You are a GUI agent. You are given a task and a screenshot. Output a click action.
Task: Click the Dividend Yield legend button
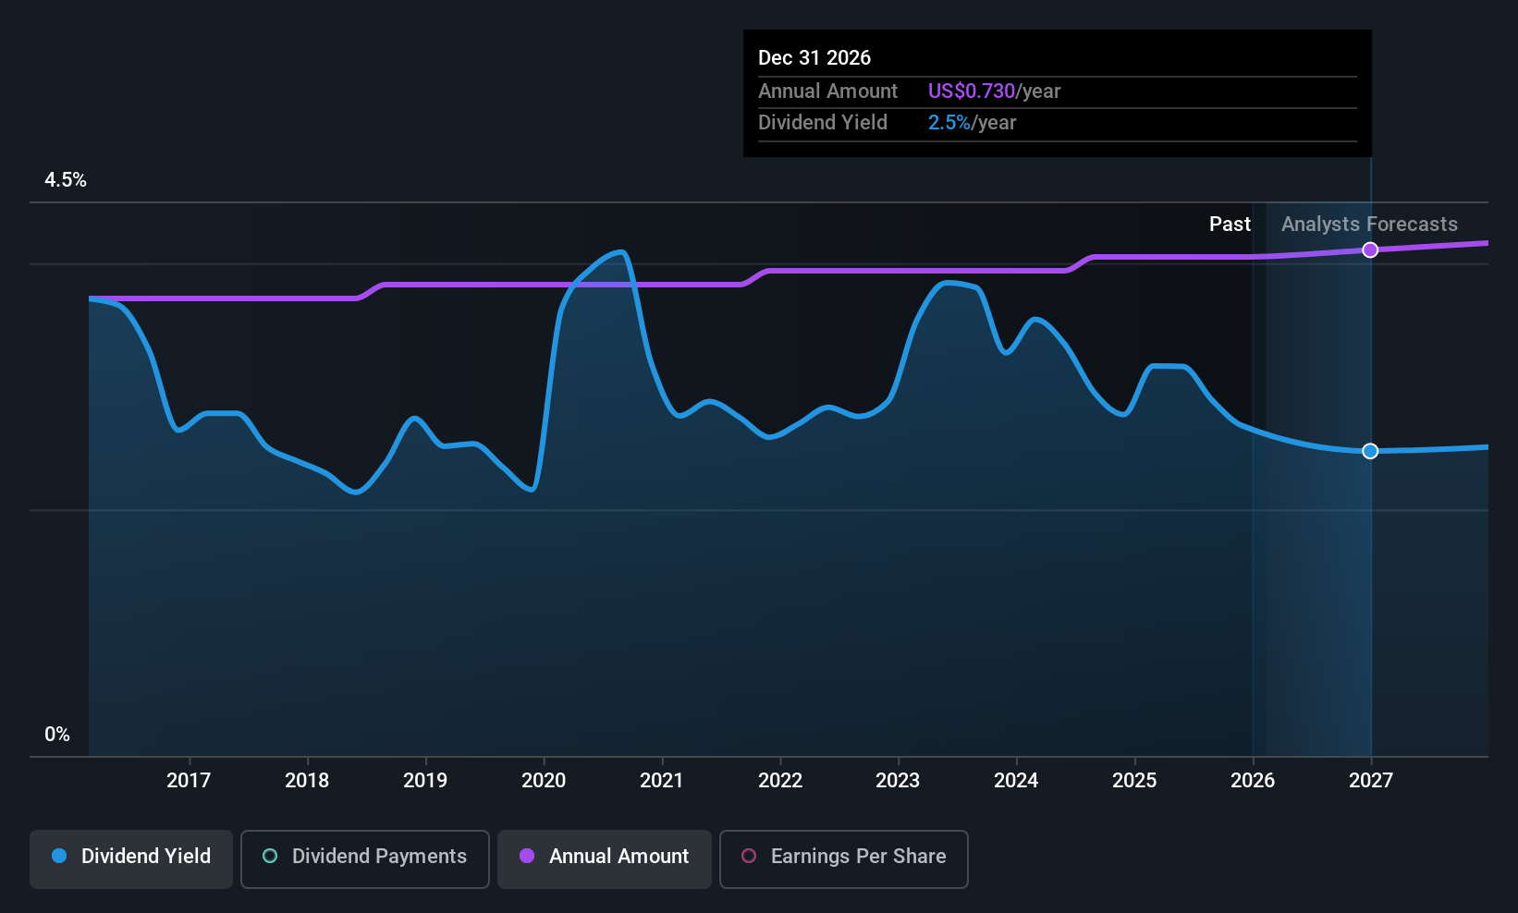point(130,858)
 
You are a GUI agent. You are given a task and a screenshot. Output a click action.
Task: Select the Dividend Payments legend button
point(364,858)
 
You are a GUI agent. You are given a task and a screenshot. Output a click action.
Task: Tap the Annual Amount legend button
point(605,858)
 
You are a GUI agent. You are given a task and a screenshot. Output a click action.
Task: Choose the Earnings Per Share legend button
point(844,858)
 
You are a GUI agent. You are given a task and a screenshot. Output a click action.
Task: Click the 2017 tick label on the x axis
point(189,781)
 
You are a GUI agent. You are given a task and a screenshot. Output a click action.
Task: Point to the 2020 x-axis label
point(544,781)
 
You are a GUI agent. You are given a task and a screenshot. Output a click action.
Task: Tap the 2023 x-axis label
point(898,781)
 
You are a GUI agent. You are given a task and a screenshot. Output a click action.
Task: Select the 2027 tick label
point(1371,781)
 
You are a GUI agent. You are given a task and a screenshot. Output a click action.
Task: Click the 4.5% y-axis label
point(66,180)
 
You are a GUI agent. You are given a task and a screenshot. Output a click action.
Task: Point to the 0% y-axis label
point(57,735)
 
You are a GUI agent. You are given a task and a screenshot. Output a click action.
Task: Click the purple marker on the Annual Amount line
point(1370,250)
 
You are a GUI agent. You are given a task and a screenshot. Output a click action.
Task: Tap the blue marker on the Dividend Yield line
point(1370,451)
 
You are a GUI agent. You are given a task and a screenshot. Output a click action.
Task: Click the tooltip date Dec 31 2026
point(814,58)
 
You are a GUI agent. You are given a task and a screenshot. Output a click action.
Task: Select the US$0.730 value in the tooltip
point(971,91)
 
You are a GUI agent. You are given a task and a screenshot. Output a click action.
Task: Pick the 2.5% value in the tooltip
point(949,123)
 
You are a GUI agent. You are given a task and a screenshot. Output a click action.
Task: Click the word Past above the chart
point(1230,225)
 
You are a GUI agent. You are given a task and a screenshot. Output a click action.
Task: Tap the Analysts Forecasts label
point(1369,225)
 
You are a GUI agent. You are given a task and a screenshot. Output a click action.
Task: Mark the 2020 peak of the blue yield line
point(620,252)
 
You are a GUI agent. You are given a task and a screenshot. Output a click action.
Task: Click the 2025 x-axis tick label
point(1134,781)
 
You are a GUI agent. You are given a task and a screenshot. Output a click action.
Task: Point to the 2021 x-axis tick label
point(661,781)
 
